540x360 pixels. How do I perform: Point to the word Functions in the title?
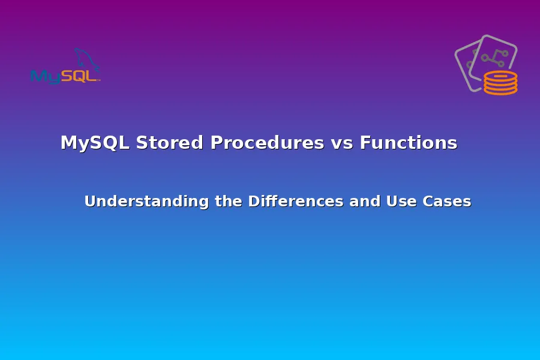click(408, 143)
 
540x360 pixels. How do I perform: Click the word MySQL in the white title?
click(95, 143)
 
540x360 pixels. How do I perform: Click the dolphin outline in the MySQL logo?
click(87, 60)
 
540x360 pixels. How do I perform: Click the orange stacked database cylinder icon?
click(500, 83)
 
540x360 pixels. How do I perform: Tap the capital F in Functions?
click(365, 143)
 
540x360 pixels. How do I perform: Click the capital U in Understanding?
click(90, 202)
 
